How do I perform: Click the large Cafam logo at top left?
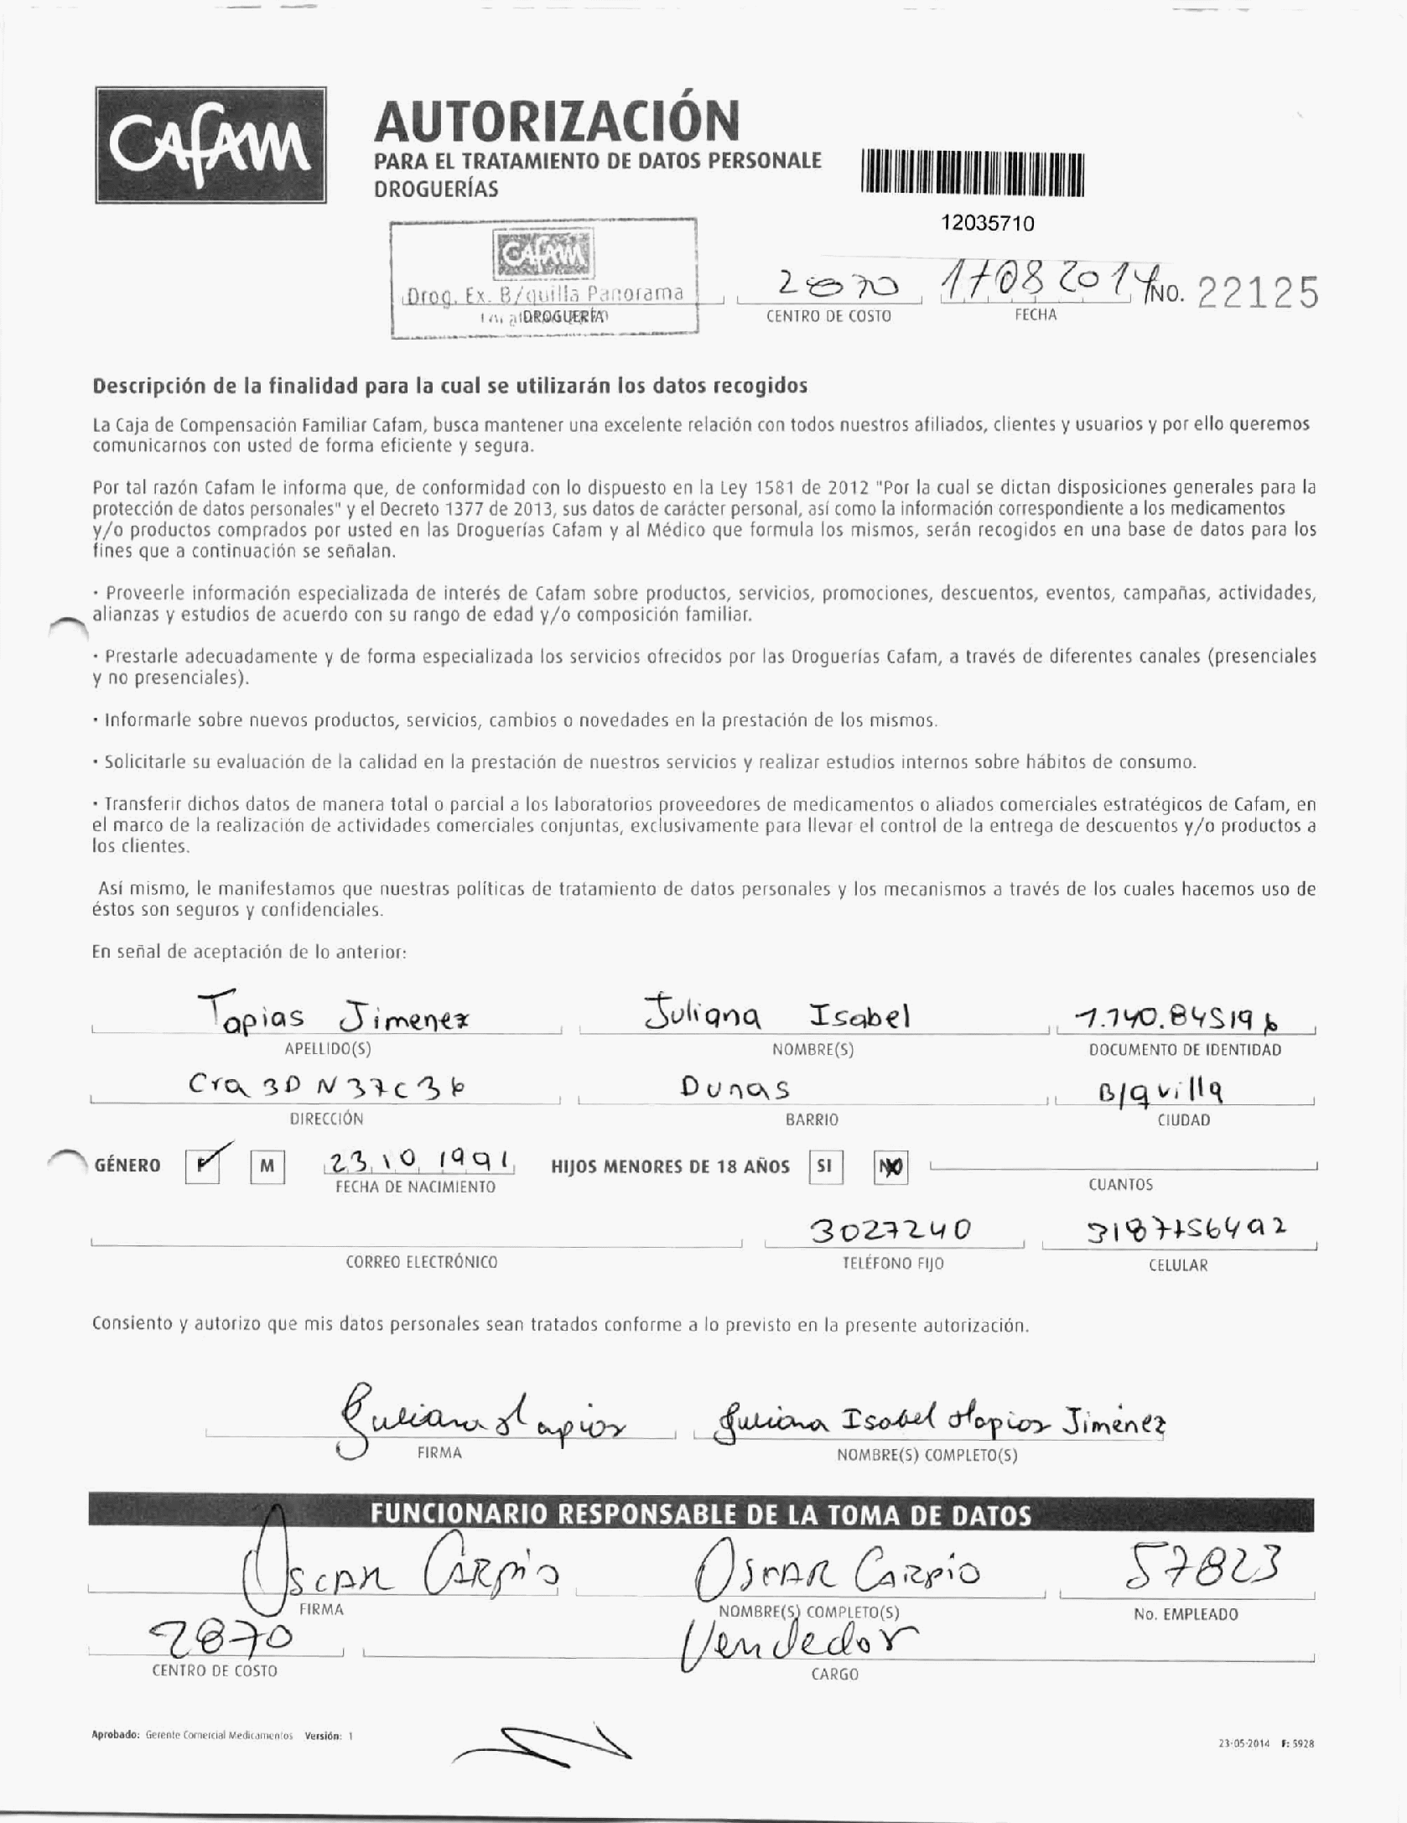(x=210, y=144)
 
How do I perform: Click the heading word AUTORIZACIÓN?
(x=557, y=121)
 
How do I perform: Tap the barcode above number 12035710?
(x=972, y=174)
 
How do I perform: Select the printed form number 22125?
(x=1257, y=294)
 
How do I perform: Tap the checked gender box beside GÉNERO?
(x=203, y=1166)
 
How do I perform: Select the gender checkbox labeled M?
(x=267, y=1166)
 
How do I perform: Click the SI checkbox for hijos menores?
(x=825, y=1166)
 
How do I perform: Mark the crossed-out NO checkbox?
(x=890, y=1166)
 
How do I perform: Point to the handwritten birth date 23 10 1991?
(x=418, y=1161)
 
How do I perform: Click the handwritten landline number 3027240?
(x=890, y=1230)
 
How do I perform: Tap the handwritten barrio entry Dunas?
(x=735, y=1088)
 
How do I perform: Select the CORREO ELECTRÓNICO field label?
(x=421, y=1262)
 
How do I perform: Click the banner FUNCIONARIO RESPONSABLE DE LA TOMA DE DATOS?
(x=701, y=1515)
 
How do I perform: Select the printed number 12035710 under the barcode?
(x=988, y=223)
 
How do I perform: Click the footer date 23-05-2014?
(x=1244, y=1744)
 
